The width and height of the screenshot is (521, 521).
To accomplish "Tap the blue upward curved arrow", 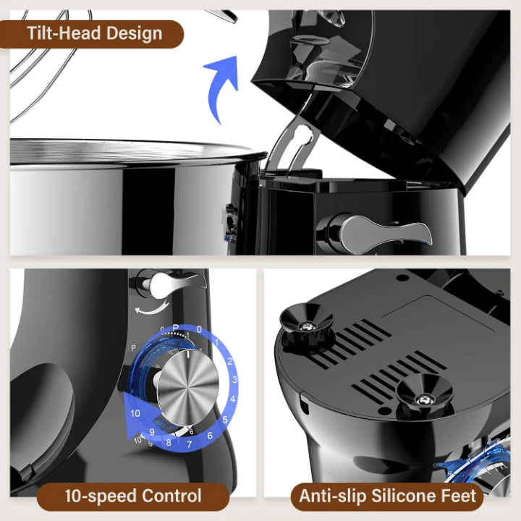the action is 219,86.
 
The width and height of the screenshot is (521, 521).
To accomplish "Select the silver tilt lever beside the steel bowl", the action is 382,232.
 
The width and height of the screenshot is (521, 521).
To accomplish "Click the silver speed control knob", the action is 187,387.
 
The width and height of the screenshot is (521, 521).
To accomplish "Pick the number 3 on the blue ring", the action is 234,379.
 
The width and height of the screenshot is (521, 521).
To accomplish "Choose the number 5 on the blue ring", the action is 225,420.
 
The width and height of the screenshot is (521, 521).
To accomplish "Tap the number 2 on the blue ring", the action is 229,362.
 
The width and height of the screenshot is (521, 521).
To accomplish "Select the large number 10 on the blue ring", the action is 135,413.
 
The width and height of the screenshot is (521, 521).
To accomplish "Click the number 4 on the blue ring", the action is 232,399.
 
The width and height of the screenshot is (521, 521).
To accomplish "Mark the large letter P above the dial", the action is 176,328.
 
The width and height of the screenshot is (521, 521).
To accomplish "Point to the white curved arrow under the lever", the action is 152,309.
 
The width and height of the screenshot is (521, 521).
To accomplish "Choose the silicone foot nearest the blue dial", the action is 425,395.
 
